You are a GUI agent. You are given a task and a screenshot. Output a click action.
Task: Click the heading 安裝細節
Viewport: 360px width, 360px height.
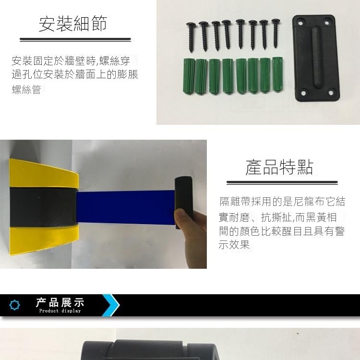[x=73, y=24]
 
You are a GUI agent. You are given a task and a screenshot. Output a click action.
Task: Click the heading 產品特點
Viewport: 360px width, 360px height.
[x=279, y=167]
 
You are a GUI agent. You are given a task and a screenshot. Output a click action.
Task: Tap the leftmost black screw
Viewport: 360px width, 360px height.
[x=191, y=37]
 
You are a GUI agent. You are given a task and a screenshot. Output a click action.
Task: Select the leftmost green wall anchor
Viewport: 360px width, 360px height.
[x=189, y=76]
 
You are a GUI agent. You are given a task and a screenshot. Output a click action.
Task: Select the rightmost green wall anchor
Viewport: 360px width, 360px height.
[x=277, y=74]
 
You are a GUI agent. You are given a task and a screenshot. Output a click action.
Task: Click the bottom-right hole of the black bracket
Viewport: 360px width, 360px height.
[x=331, y=93]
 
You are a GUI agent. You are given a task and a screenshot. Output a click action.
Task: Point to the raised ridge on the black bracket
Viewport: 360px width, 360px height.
[x=317, y=57]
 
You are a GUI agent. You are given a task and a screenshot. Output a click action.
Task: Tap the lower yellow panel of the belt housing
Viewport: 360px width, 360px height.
[x=44, y=240]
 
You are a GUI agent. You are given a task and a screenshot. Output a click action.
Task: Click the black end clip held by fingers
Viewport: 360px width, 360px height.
[x=184, y=202]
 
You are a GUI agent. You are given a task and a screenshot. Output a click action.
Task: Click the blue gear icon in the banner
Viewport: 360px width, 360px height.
[x=15, y=305]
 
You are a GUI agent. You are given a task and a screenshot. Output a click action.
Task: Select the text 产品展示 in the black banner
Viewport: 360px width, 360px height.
[x=60, y=302]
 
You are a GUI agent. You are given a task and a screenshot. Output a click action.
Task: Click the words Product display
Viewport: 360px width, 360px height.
[x=60, y=311]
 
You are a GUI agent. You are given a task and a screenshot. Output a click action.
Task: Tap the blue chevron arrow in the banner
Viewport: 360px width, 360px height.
[x=111, y=305]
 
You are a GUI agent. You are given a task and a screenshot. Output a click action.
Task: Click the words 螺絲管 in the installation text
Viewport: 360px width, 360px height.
[x=26, y=89]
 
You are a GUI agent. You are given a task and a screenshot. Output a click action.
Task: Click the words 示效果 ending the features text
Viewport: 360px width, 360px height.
[x=234, y=245]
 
